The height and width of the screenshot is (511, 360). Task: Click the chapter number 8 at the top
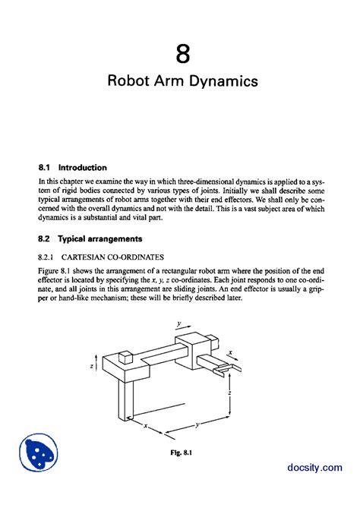[181, 55]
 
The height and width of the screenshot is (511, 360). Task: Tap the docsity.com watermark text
[315, 469]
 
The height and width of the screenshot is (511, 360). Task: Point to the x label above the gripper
[230, 353]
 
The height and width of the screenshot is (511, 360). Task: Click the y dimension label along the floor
[197, 426]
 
